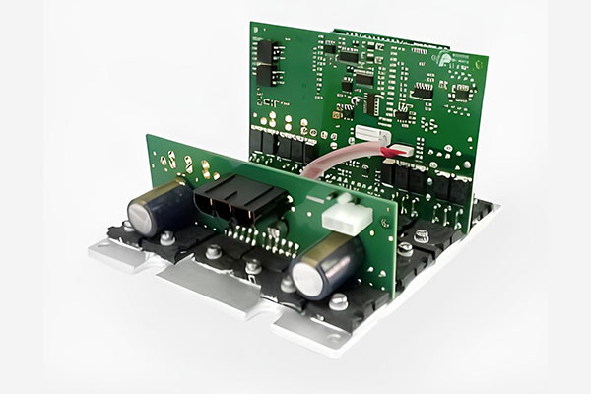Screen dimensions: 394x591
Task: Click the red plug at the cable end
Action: [399, 149]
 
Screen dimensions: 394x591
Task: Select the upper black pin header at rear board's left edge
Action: [264, 52]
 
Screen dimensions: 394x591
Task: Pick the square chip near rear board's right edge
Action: [460, 96]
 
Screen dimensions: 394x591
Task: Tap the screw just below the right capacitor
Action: [336, 301]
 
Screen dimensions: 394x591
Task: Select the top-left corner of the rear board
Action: [251, 24]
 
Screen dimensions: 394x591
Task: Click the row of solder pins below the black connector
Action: [252, 237]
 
